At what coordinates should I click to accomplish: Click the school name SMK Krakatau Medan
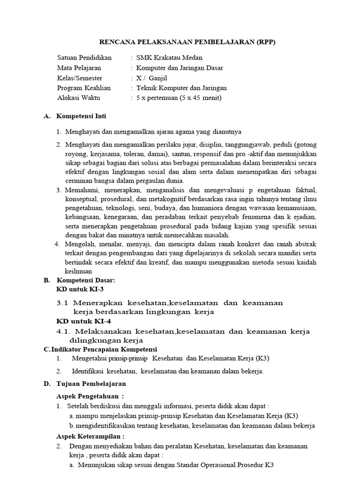pyautogui.click(x=169, y=58)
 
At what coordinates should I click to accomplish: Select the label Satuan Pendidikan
pyautogui.click(x=84, y=58)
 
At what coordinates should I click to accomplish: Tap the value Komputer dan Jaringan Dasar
pyautogui.click(x=180, y=68)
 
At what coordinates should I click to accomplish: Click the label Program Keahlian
pyautogui.click(x=84, y=88)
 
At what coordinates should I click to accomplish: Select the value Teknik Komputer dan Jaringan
pyautogui.click(x=181, y=88)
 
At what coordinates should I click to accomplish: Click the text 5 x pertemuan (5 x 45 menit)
pyautogui.click(x=178, y=98)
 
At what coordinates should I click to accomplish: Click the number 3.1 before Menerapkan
pyautogui.click(x=62, y=303)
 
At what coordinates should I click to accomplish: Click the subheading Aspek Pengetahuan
pyautogui.click(x=90, y=396)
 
